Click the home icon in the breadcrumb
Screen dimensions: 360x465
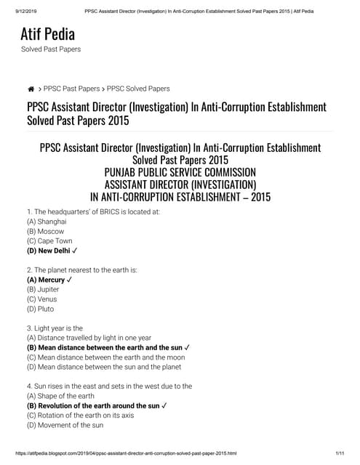(31, 89)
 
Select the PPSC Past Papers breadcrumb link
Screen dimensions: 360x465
(71, 89)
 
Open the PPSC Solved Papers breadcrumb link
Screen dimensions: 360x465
(138, 89)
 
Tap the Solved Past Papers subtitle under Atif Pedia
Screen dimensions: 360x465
(50, 49)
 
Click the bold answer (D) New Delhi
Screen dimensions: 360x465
(55, 251)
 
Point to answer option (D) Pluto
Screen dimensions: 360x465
(41, 309)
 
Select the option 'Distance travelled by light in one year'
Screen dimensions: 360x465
(89, 337)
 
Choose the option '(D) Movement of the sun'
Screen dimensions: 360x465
(65, 425)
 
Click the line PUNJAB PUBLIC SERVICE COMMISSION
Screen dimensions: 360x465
(180, 172)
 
